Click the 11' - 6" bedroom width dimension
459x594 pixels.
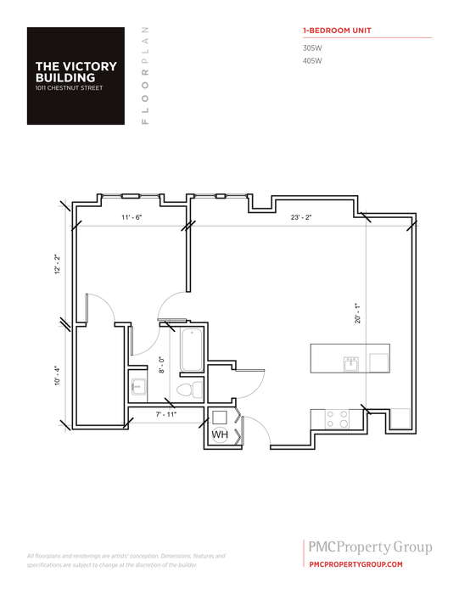(x=131, y=218)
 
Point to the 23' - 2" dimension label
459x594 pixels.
(x=301, y=218)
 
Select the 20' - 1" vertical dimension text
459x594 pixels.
(x=359, y=313)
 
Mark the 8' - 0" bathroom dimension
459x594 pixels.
(x=162, y=365)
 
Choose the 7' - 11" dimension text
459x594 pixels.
(x=166, y=414)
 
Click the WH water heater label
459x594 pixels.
(x=219, y=434)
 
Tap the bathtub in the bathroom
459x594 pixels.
(x=190, y=350)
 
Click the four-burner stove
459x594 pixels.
(x=338, y=418)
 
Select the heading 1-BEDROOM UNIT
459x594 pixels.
(x=337, y=31)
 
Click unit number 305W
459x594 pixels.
(x=312, y=48)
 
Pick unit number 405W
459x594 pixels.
(x=312, y=61)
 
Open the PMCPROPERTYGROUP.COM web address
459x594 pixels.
(x=355, y=563)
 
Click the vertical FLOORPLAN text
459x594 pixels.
(x=146, y=76)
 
